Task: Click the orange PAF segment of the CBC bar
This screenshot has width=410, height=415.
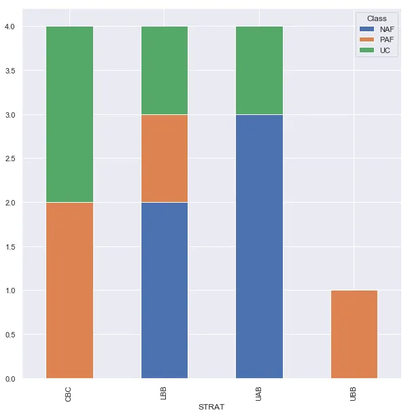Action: (69, 290)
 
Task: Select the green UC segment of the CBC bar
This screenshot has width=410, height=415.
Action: (69, 114)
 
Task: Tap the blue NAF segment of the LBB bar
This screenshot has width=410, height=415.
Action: (164, 290)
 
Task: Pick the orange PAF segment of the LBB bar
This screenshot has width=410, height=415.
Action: (164, 159)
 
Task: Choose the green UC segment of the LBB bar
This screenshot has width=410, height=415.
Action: (164, 71)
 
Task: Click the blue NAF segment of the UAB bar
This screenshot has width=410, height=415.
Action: (259, 246)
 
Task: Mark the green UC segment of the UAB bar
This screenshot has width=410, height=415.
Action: (259, 71)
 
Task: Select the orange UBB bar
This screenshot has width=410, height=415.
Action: (354, 334)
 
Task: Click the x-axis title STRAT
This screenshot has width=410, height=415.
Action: (211, 407)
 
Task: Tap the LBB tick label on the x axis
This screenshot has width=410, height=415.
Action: (164, 393)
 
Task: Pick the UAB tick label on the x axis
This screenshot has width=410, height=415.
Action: (259, 393)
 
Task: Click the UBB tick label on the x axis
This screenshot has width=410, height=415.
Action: (354, 393)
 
